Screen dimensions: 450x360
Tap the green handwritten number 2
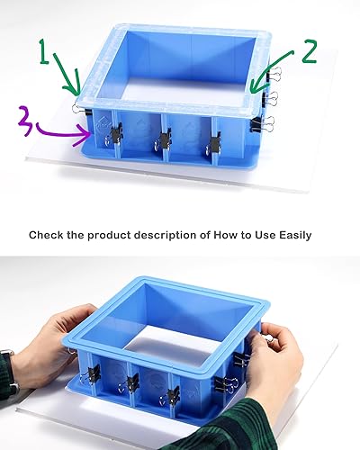click(309, 51)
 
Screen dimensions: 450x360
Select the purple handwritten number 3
click(23, 118)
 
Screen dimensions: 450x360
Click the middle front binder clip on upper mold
click(164, 139)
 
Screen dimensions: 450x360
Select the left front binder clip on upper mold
click(115, 135)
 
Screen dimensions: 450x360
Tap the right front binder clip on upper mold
click(214, 140)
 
